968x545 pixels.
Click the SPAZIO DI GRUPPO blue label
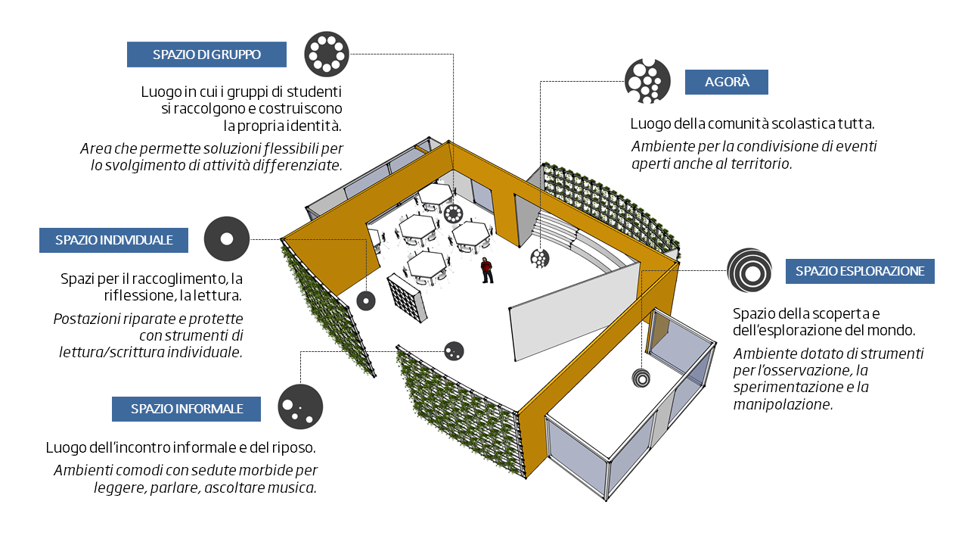point(206,54)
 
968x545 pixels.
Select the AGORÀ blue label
point(726,82)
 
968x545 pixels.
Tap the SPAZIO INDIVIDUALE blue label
point(113,241)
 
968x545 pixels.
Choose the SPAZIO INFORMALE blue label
point(186,409)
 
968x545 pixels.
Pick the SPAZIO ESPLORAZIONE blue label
point(860,271)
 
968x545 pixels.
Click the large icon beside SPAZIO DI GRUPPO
point(327,54)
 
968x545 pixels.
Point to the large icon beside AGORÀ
point(647,81)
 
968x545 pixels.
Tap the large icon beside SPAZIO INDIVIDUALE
point(227,239)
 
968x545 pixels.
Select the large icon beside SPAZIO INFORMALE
point(300,407)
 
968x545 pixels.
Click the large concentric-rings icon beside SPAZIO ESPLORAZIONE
point(749,270)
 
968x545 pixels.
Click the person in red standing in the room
point(487,270)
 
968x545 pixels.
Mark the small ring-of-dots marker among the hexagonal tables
point(454,213)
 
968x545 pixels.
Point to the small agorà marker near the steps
point(539,258)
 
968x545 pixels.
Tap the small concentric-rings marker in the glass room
point(641,377)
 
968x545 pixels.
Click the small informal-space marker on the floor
point(454,351)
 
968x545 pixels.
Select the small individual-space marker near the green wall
point(366,301)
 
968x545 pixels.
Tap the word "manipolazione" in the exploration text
point(782,404)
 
